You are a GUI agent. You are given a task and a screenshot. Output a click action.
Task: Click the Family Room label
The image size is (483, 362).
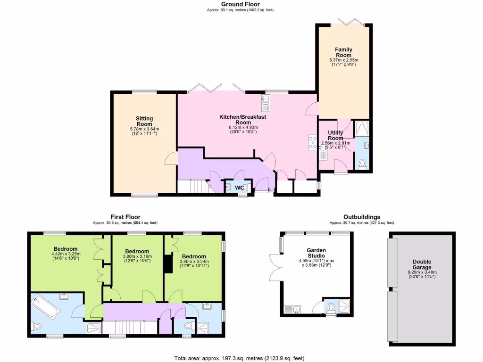pyautogui.click(x=343, y=52)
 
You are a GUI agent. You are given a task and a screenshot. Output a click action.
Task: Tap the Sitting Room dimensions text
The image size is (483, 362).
pyautogui.click(x=144, y=131)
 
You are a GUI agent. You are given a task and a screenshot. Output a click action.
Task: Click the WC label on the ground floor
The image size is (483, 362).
pyautogui.click(x=239, y=188)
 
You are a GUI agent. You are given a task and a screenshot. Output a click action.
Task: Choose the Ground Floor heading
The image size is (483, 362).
pyautogui.click(x=241, y=4)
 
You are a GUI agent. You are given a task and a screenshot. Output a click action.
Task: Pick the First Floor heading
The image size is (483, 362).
pyautogui.click(x=125, y=217)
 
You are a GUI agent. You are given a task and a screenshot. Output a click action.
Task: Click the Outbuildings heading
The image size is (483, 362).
pyautogui.click(x=361, y=217)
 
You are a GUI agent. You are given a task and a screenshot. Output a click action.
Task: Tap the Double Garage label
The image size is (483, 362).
pyautogui.click(x=422, y=264)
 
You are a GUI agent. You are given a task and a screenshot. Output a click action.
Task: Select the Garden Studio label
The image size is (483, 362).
pyautogui.click(x=316, y=253)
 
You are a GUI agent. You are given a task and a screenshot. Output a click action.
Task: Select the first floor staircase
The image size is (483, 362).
pyautogui.click(x=130, y=327)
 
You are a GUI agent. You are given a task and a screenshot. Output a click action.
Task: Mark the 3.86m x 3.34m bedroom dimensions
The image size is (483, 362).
pyautogui.click(x=194, y=263)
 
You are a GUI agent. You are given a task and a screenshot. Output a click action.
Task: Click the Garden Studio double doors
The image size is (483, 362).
pyautogui.click(x=275, y=268)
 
